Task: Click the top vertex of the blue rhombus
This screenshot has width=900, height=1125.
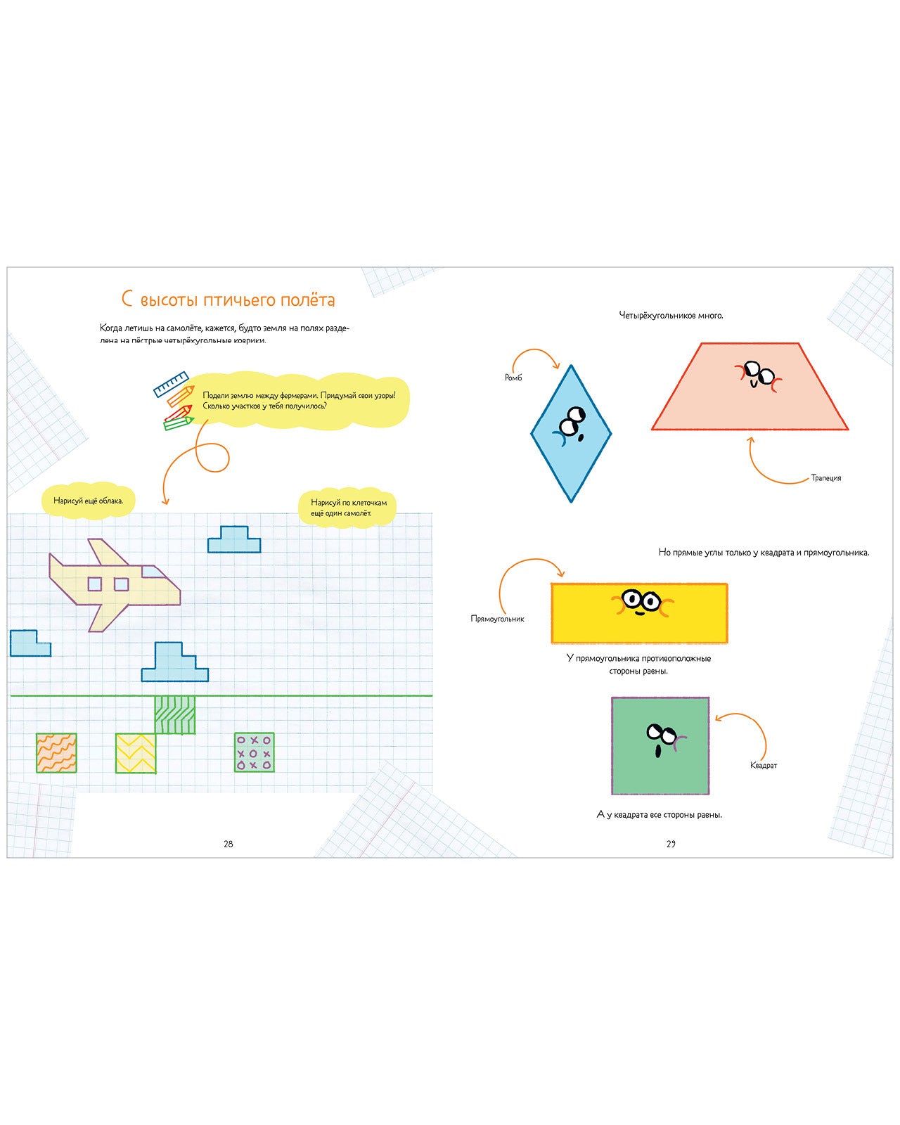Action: click(571, 366)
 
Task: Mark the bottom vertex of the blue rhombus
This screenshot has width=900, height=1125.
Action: click(571, 502)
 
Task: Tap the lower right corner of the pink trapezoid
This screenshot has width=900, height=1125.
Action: click(848, 430)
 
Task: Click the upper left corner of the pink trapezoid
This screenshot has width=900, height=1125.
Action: click(701, 343)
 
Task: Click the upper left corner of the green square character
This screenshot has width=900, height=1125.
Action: click(612, 698)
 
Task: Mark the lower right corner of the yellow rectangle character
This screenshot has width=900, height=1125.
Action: click(727, 643)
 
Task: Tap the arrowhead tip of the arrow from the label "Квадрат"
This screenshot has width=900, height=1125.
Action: click(715, 720)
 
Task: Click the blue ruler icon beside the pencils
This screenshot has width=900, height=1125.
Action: click(171, 384)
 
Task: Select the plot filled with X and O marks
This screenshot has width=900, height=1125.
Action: click(254, 752)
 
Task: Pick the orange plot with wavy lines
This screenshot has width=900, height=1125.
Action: click(56, 753)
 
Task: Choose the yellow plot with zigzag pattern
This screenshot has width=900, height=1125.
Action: click(136, 753)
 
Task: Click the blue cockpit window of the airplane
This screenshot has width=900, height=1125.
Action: click(154, 572)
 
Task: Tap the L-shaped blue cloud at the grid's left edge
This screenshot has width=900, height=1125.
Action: click(30, 643)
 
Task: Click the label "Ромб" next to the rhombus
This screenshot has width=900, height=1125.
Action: click(513, 378)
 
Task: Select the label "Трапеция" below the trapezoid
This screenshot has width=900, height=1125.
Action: click(825, 478)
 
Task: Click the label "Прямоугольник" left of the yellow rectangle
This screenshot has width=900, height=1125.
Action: click(497, 619)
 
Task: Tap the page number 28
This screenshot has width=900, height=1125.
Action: click(229, 844)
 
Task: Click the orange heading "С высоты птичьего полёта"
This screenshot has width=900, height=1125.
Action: click(228, 300)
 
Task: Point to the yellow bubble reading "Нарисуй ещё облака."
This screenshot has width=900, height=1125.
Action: click(89, 501)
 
